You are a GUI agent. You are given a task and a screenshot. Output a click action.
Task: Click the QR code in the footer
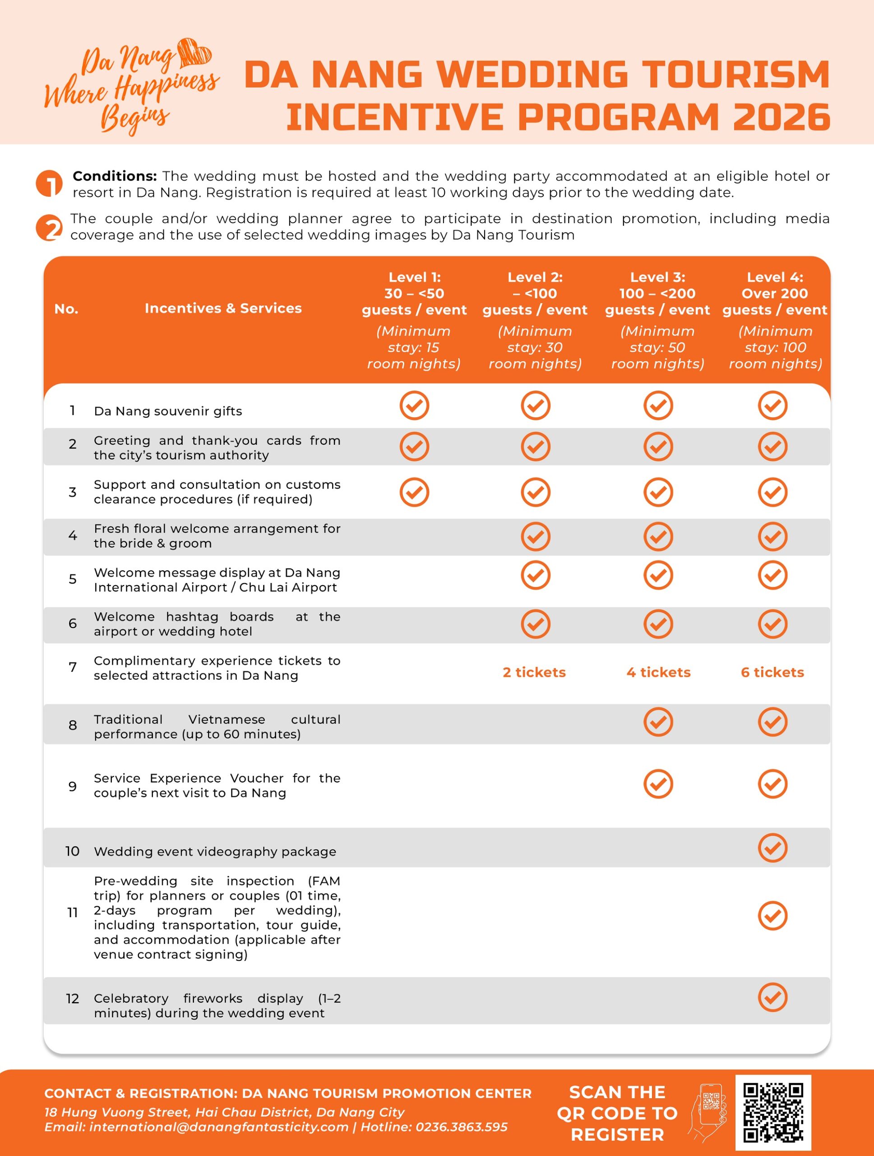[x=773, y=1113]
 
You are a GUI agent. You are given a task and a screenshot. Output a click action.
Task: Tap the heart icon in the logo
[x=194, y=53]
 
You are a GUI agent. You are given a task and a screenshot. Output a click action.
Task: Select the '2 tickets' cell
[x=534, y=672]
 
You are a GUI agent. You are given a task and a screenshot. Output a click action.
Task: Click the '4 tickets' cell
[x=658, y=672]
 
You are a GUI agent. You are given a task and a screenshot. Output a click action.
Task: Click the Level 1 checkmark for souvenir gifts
[x=414, y=405]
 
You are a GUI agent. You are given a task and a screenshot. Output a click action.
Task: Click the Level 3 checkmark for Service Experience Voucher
[x=658, y=784]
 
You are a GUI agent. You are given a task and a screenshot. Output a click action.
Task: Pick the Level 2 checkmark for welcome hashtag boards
[x=535, y=624]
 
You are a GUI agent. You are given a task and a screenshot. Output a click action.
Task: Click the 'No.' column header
[x=66, y=309]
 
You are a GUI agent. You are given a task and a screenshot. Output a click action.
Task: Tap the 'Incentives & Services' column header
[x=223, y=308]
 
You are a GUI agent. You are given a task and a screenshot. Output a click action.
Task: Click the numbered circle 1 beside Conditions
[x=49, y=183]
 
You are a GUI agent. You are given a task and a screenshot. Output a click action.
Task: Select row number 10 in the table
[x=72, y=851]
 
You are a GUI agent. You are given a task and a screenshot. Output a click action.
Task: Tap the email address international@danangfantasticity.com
[x=218, y=1127]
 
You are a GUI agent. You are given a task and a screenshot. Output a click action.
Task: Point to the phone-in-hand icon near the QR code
[x=708, y=1112]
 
